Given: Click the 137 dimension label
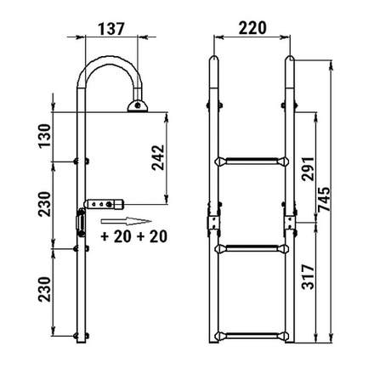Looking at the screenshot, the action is [x=111, y=29].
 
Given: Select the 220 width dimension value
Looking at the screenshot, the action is [x=252, y=28].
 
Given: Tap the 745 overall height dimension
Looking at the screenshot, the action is [x=324, y=199].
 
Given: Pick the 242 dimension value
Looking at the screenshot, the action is [x=158, y=157].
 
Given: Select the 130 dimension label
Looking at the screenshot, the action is [x=45, y=136].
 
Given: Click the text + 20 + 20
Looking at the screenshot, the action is [x=134, y=236].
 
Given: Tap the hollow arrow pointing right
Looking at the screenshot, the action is [x=127, y=222].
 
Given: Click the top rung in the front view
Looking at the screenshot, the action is [x=252, y=161].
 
